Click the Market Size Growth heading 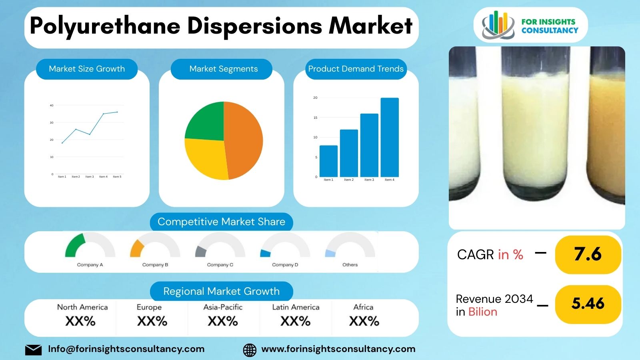[x=87, y=69]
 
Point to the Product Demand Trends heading [x=356, y=69]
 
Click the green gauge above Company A [x=75, y=245]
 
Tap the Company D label [x=285, y=265]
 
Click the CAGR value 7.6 [x=588, y=254]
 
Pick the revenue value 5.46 [x=588, y=304]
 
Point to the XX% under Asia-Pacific [x=223, y=321]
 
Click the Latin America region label [x=296, y=307]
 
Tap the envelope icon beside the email [x=33, y=350]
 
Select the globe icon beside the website [x=250, y=350]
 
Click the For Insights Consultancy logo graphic [x=498, y=25]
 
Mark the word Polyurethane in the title [x=105, y=26]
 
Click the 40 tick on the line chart [x=52, y=106]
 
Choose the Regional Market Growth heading [x=221, y=291]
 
